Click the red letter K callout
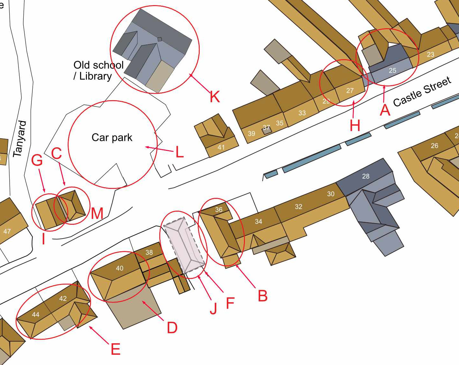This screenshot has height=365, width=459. [x=215, y=96]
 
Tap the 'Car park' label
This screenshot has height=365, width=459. [x=112, y=138]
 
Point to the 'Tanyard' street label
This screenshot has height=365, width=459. [x=20, y=139]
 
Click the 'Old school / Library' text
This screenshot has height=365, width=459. [x=98, y=70]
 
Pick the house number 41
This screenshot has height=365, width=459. [x=221, y=148]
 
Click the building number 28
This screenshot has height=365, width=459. [x=366, y=176]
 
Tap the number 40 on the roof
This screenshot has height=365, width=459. [x=120, y=268]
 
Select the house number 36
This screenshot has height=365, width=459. [x=219, y=210]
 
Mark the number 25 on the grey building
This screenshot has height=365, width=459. [x=392, y=70]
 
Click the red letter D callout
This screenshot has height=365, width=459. [x=172, y=328]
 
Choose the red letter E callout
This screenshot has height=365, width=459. [x=116, y=349]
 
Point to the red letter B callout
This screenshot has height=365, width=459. [x=263, y=296]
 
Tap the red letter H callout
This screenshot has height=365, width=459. [x=355, y=126]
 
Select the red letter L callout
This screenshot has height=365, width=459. [x=180, y=152]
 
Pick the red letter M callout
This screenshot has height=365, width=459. [x=97, y=213]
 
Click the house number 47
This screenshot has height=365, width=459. [x=7, y=231]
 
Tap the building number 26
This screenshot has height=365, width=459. [x=434, y=146]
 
